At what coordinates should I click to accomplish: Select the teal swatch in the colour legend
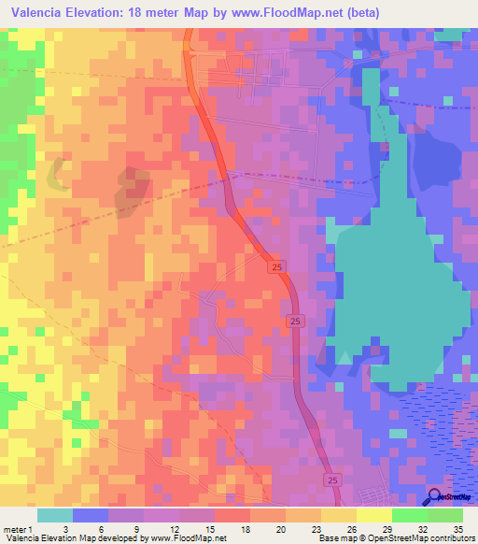(55, 515)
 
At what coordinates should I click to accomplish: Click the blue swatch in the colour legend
(91, 515)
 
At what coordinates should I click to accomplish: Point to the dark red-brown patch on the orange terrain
(132, 188)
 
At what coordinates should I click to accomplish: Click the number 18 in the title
(145, 12)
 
